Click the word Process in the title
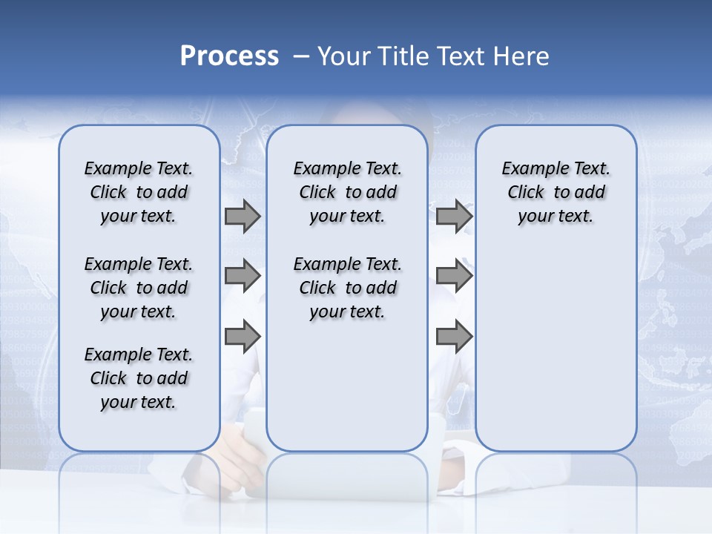click(x=229, y=56)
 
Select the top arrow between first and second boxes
click(x=243, y=216)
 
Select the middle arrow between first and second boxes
click(x=243, y=276)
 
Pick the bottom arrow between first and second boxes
click(x=243, y=337)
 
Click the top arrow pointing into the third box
click(x=454, y=216)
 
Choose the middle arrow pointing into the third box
click(x=454, y=276)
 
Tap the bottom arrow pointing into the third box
click(x=454, y=337)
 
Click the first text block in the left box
click(x=139, y=192)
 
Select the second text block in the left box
click(x=139, y=288)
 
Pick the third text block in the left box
click(x=139, y=378)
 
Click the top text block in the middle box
click(x=347, y=192)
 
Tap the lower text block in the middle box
click(x=347, y=288)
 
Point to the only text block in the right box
click(x=556, y=192)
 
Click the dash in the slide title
click(x=301, y=56)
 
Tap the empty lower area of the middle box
click(x=347, y=386)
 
